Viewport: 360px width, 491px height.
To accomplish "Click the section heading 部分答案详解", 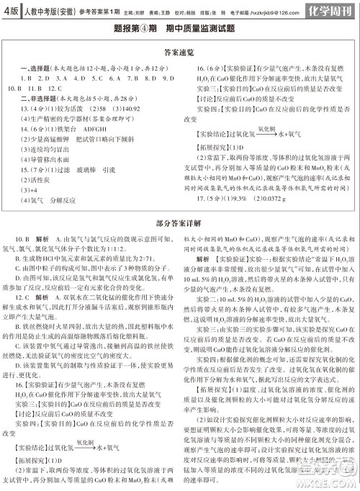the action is click(179, 225).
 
